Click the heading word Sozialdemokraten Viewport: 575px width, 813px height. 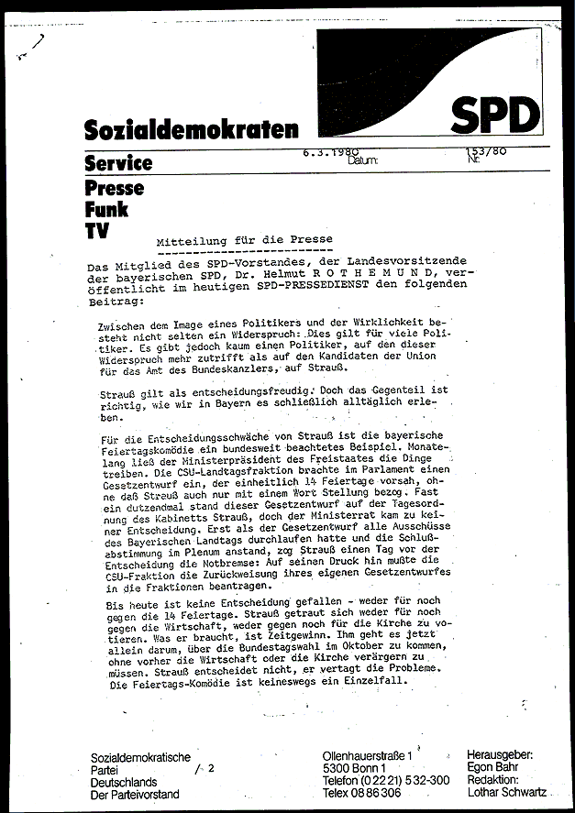click(191, 130)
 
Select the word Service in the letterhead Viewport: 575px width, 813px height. click(117, 163)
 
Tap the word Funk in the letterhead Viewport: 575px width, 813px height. click(105, 209)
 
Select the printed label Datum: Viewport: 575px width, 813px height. click(363, 160)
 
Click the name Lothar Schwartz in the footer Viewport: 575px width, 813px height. click(508, 792)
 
